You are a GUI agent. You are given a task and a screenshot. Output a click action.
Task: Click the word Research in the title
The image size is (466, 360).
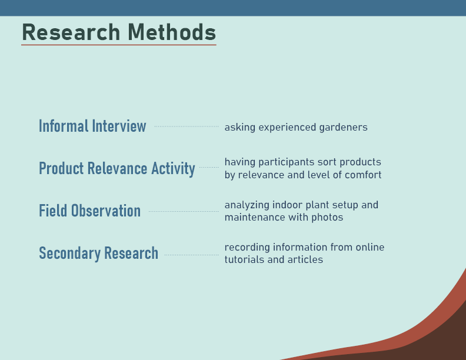coord(71,32)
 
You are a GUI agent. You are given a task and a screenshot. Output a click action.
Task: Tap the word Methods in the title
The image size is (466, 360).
coord(172,32)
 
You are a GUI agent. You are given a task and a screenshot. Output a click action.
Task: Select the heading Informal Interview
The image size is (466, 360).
coord(92,126)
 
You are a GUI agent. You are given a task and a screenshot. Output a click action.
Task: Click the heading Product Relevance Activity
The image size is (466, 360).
coord(117,169)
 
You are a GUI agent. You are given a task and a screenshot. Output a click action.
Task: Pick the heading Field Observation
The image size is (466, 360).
coord(90,211)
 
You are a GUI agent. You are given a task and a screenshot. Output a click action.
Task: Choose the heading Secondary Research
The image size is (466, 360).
coord(99,254)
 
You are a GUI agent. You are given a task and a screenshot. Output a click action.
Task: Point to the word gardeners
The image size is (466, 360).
coord(343,128)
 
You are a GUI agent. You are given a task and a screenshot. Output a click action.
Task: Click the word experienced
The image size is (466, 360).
coord(287,128)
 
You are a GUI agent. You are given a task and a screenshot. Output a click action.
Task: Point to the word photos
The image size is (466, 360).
coord(327,218)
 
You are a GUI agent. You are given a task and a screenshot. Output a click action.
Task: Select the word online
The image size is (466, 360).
coord(370,247)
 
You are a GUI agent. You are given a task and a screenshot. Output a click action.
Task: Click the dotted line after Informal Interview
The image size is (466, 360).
coord(187,126)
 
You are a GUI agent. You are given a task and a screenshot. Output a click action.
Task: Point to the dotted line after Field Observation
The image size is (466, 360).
coord(184,212)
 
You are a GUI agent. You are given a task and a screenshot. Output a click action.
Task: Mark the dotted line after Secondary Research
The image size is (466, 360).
coord(192,255)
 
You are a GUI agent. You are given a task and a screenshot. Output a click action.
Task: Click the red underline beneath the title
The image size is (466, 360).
coord(119,45)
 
